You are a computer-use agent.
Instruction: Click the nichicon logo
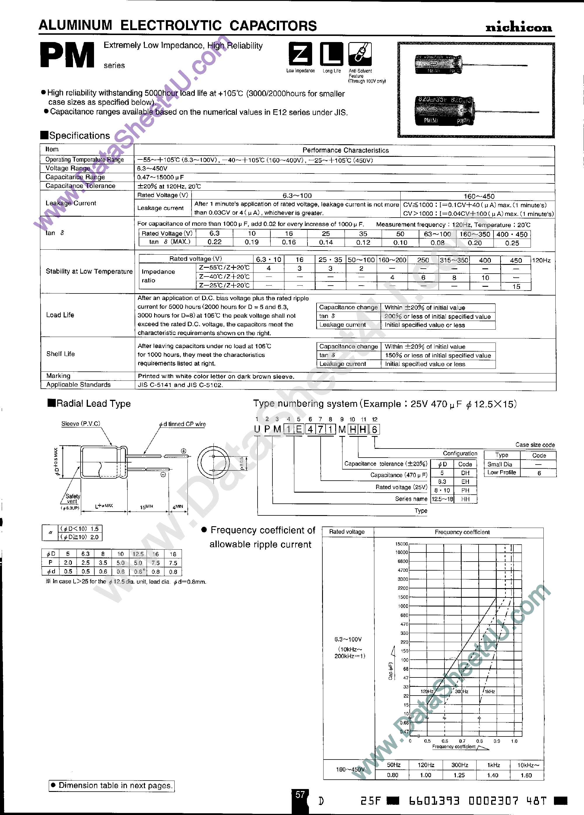coord(518,27)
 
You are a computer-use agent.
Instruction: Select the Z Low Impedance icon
coord(300,54)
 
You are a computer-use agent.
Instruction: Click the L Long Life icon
coord(331,54)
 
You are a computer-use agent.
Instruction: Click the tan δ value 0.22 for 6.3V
coord(214,242)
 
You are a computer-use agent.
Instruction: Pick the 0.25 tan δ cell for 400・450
coord(512,243)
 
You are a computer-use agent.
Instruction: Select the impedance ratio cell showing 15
coord(516,286)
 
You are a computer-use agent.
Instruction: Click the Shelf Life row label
coord(60,354)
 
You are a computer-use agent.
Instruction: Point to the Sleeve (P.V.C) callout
coord(81,424)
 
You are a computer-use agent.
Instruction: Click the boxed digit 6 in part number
coord(374,430)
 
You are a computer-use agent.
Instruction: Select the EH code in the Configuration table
coord(465,482)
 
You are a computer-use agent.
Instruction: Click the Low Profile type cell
coord(501,472)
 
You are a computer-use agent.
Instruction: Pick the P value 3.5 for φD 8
coord(103,563)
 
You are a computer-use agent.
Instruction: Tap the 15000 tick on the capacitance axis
coord(401,544)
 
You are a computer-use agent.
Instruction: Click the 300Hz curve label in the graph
coord(461,691)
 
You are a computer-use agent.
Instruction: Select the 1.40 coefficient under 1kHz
coord(492,775)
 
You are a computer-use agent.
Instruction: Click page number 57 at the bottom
coord(300,795)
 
